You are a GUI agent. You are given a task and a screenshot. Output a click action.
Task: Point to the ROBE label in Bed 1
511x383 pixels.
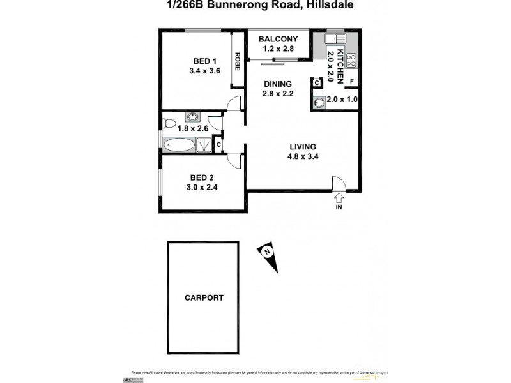(237, 61)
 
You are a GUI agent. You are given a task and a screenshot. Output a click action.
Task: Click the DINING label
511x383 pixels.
(277, 84)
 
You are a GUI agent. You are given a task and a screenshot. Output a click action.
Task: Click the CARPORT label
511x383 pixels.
(204, 297)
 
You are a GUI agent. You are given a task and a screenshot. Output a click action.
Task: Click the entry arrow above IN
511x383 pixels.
(339, 198)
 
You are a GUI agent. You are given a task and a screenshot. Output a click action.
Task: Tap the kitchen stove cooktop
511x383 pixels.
(351, 61)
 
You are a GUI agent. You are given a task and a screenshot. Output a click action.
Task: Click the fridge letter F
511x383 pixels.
(352, 81)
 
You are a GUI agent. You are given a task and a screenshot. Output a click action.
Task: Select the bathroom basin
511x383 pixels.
(191, 117)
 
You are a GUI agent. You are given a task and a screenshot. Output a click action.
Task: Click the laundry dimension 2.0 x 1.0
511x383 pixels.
(342, 100)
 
